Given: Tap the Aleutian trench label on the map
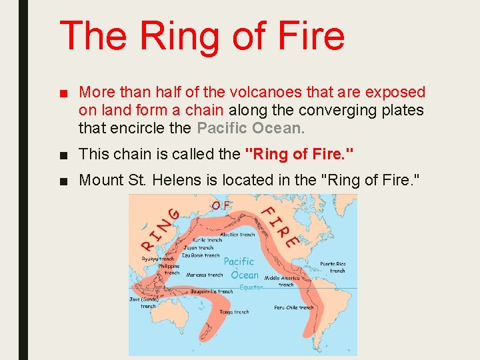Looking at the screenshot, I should [x=238, y=235].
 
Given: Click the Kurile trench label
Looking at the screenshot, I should [x=208, y=240].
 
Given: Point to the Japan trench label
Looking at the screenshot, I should [x=197, y=247].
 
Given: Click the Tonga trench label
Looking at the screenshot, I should [x=233, y=311].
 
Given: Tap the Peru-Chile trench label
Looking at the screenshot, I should [x=293, y=307].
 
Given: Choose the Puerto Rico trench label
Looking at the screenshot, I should [x=333, y=267].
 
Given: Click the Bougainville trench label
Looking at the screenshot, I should [x=211, y=291].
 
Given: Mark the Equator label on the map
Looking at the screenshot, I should [x=251, y=287].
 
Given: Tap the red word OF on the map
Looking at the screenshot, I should [x=221, y=205].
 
